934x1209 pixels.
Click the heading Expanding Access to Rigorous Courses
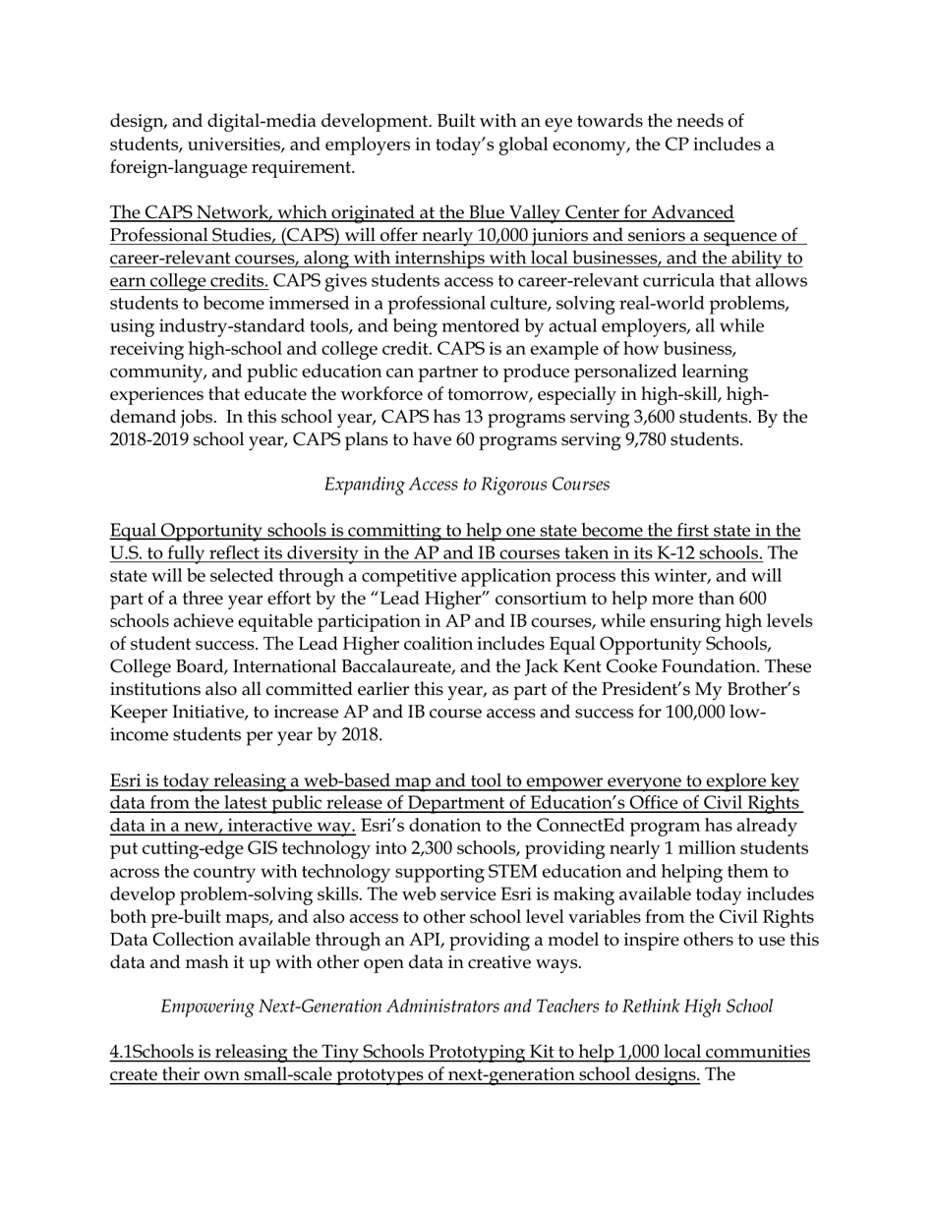tap(467, 485)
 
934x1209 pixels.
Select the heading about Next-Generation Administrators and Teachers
tap(467, 1007)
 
